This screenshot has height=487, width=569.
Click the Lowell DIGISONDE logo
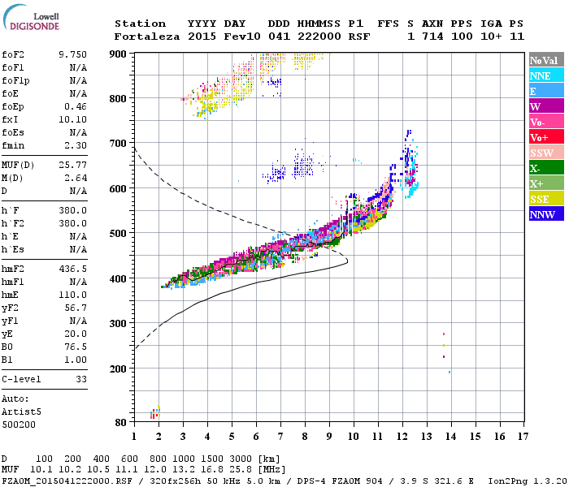coord(28,19)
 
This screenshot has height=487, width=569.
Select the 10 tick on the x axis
coord(354,436)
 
